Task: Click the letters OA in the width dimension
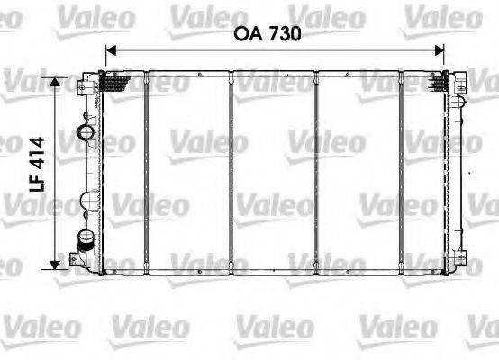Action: point(249,34)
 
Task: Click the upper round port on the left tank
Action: point(87,134)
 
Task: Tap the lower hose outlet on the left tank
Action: point(86,240)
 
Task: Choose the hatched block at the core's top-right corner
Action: point(438,83)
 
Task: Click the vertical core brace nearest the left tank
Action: point(145,171)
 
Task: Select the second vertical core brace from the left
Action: point(231,171)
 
